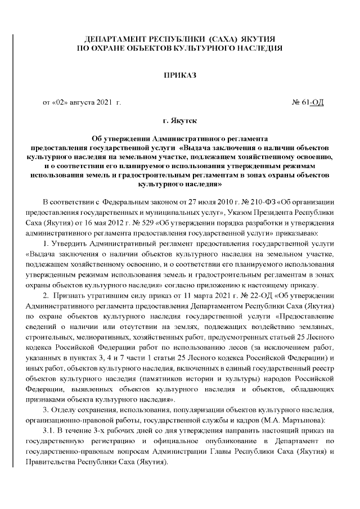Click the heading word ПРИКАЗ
179,74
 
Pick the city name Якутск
183,120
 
